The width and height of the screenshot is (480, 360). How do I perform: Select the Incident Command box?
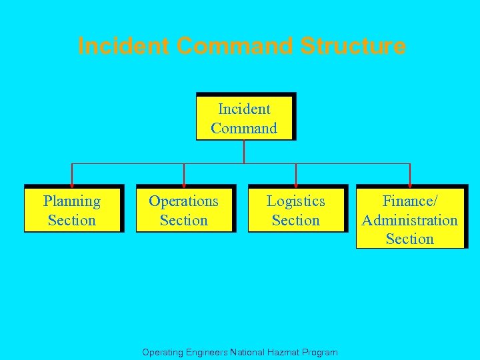coord(245,117)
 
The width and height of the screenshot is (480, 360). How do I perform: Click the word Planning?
coord(72,201)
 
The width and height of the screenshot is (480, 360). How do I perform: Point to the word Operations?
coord(184,201)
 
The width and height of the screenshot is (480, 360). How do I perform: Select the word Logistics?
coord(296,201)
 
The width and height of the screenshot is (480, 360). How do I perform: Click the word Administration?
coord(410,220)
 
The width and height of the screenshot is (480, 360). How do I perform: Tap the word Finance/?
coord(410,201)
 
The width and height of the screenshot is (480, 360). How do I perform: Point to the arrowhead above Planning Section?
coord(72,182)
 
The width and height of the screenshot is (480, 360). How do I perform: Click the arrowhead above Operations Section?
coord(184,182)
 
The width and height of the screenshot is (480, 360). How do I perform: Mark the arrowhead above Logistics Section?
coord(296,182)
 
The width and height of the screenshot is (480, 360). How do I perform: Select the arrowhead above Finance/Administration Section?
coord(409,182)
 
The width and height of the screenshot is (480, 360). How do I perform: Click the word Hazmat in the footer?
coord(283,352)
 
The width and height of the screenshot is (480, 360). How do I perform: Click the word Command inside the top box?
coord(244,128)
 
